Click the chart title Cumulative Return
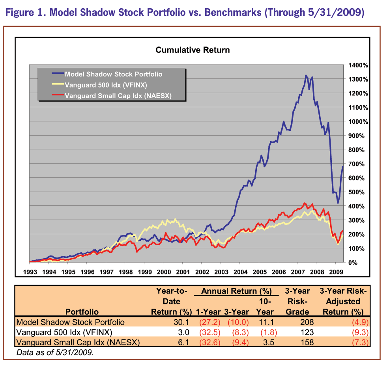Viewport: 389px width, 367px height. coord(193,50)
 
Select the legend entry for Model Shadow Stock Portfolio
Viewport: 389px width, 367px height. coord(113,74)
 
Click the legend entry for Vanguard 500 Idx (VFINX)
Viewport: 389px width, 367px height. coord(105,85)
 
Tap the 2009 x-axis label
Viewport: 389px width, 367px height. coord(335,272)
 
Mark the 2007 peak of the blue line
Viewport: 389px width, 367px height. coord(306,75)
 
